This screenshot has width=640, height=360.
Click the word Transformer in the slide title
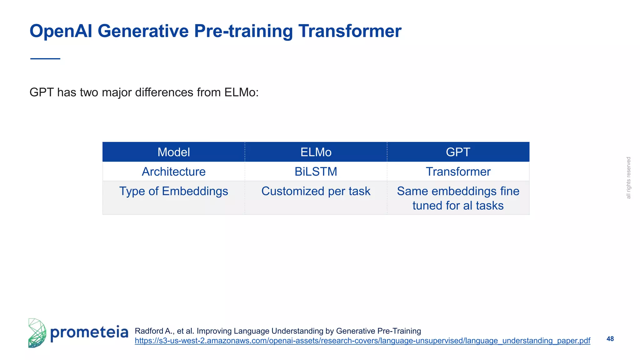[350, 31]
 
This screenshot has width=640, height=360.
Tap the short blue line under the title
[45, 59]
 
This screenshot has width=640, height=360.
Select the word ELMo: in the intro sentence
[241, 92]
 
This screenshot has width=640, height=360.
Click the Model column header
[173, 152]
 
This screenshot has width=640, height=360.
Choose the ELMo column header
[316, 152]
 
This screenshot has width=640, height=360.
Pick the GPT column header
[458, 152]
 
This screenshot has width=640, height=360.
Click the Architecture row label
[173, 172]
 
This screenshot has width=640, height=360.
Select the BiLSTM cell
[316, 172]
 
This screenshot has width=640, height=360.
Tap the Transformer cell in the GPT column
[458, 172]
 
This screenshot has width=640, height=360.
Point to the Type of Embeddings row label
[173, 191]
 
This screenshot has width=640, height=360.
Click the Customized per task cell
[316, 191]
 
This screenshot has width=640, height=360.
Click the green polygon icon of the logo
[37, 333]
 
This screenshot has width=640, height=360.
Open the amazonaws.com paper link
[362, 341]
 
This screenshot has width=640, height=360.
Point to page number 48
[610, 339]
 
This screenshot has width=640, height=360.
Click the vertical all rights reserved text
[628, 178]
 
